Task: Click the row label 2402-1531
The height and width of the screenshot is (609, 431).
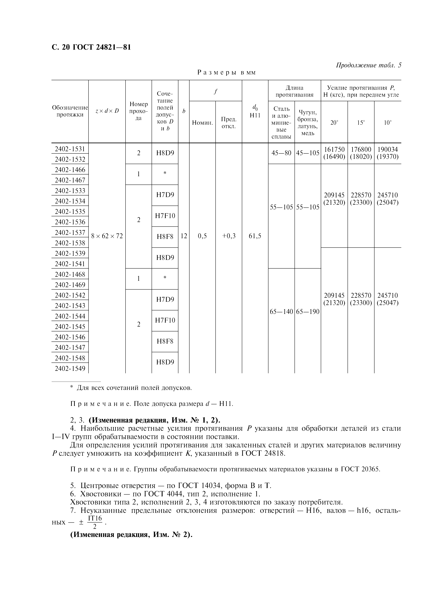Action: point(70,149)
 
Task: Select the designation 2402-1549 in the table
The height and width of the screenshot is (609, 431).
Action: point(70,368)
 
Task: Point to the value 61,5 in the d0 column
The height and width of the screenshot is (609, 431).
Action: point(255,236)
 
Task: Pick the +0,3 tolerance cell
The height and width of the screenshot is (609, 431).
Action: point(229,236)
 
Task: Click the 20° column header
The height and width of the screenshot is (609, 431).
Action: point(334,123)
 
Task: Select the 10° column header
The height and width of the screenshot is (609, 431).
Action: point(388,123)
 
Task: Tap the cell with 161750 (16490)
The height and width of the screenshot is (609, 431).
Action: point(334,153)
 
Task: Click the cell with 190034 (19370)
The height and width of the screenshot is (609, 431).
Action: point(388,153)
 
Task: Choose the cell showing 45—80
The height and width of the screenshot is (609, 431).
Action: point(281,153)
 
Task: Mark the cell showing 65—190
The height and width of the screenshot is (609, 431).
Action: point(308,312)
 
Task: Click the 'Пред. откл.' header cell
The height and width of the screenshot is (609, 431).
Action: point(229,123)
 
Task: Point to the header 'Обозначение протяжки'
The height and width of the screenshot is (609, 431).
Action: point(70,111)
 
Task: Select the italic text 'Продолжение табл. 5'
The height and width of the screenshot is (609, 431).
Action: point(369,65)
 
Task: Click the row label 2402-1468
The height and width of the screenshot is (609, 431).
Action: point(70,274)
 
